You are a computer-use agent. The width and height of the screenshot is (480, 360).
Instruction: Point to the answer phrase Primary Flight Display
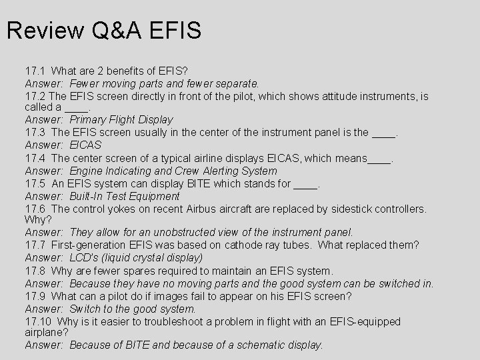(x=121, y=120)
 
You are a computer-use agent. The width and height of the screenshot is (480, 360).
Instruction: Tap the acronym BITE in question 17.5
(x=196, y=183)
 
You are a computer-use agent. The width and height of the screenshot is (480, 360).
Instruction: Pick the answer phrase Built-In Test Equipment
(x=125, y=196)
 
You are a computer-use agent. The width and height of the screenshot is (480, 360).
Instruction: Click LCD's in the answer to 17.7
(x=83, y=257)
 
